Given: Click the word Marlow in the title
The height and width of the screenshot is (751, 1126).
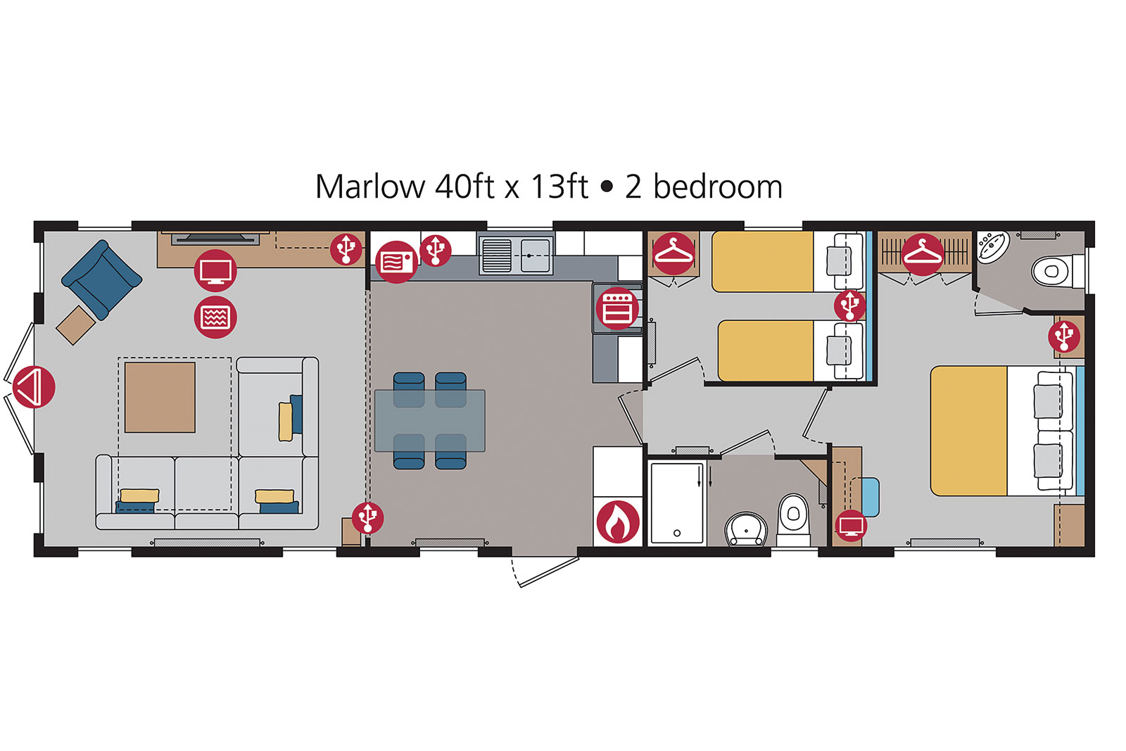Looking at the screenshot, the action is click(370, 187).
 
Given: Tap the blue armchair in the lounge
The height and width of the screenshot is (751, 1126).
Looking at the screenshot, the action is click(101, 279).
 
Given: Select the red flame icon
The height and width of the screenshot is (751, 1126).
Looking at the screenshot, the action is click(618, 522).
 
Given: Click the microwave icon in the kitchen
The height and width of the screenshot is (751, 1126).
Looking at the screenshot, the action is click(397, 262).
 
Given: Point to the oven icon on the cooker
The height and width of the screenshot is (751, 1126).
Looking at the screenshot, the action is click(616, 308).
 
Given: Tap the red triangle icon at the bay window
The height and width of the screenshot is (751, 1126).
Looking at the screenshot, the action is click(34, 387).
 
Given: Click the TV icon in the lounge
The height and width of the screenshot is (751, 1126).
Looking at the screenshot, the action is click(215, 270).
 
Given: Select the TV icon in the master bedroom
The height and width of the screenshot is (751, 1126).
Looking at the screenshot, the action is click(851, 526).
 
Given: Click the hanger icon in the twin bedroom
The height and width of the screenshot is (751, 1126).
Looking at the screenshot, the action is click(673, 253).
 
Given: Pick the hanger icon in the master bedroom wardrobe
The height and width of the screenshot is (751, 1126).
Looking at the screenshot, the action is click(923, 254).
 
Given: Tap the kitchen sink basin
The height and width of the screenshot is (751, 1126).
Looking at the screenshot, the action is click(535, 255).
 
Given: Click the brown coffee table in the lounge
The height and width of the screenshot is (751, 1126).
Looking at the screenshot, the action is click(160, 397).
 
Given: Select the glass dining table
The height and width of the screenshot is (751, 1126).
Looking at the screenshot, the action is click(430, 421).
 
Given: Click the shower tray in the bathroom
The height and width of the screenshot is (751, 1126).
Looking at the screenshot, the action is click(676, 503).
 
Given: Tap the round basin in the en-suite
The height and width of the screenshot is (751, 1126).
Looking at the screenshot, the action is click(993, 247).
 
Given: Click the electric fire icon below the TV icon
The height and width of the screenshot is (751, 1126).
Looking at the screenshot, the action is click(215, 317).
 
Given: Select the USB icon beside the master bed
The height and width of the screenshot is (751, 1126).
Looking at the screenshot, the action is click(1064, 336).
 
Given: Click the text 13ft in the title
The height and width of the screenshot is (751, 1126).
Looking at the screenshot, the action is click(559, 187).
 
